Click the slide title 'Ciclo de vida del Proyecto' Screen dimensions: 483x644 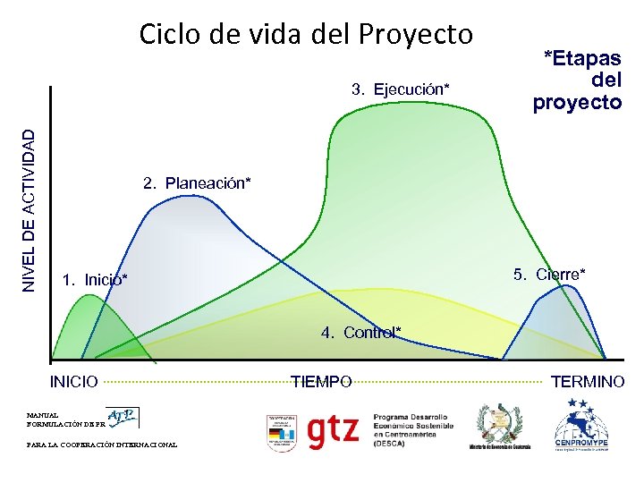pyautogui.click(x=305, y=34)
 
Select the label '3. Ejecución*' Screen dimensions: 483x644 pyautogui.click(x=400, y=89)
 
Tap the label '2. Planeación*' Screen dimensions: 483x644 pyautogui.click(x=197, y=183)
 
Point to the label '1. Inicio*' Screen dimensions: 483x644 pyautogui.click(x=95, y=280)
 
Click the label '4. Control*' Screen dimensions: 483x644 pyautogui.click(x=361, y=333)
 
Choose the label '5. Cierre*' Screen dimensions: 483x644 pyautogui.click(x=549, y=274)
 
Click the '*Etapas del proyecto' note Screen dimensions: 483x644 pyautogui.click(x=577, y=80)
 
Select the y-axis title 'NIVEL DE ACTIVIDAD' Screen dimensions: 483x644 pyautogui.click(x=30, y=209)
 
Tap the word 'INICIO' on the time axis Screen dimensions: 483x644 pyautogui.click(x=73, y=382)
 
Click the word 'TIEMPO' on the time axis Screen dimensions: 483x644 pyautogui.click(x=321, y=382)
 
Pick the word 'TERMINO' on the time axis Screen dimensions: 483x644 pyautogui.click(x=588, y=382)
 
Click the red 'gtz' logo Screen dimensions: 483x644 pyautogui.click(x=334, y=431)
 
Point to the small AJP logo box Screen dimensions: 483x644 pyautogui.click(x=123, y=417)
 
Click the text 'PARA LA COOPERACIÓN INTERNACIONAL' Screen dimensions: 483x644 pyautogui.click(x=102, y=445)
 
